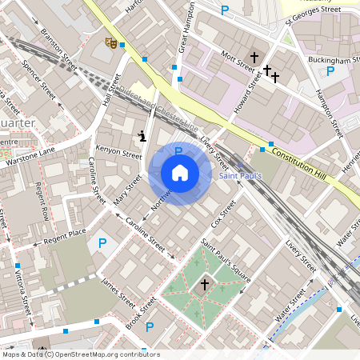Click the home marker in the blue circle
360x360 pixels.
click(x=180, y=173)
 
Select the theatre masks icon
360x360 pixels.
click(x=111, y=40)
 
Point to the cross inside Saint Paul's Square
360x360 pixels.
click(x=204, y=284)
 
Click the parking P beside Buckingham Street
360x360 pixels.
click(x=330, y=71)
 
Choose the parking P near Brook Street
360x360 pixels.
click(x=150, y=326)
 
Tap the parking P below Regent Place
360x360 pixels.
click(x=102, y=243)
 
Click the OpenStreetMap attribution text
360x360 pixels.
click(x=80, y=354)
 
